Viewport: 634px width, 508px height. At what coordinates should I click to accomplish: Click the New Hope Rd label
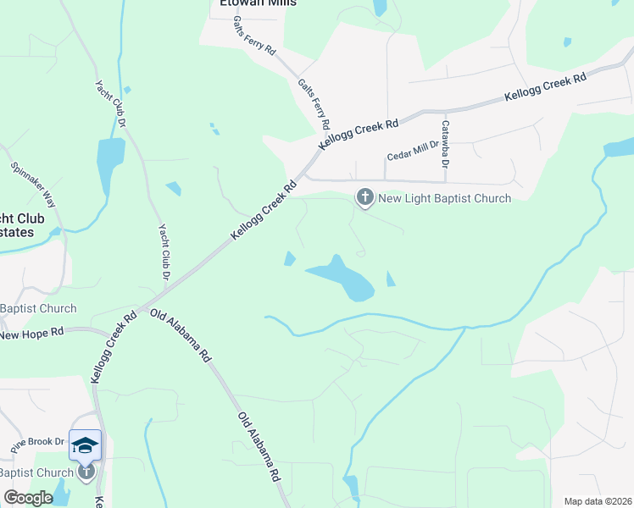[x=31, y=334]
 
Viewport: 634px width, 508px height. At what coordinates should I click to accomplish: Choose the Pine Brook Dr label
[x=36, y=441]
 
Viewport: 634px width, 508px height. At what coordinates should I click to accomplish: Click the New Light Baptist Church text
[x=444, y=198]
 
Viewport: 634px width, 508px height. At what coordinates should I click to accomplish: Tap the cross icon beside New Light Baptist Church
[x=364, y=198]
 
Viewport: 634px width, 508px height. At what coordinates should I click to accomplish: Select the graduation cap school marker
[x=85, y=444]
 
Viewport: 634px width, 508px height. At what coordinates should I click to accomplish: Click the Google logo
[x=29, y=498]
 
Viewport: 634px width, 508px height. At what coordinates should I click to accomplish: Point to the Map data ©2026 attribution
[x=598, y=501]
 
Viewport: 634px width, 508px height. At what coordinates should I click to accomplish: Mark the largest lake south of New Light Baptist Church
[x=342, y=277]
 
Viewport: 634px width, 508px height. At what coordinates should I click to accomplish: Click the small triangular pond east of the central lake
[x=390, y=279]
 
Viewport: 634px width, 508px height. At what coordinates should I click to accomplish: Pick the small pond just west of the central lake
[x=289, y=258]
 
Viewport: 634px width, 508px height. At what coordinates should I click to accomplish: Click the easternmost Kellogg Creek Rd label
[x=546, y=88]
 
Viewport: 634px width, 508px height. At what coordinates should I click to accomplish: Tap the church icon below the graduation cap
[x=85, y=472]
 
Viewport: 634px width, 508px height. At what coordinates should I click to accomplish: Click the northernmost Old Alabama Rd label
[x=180, y=336]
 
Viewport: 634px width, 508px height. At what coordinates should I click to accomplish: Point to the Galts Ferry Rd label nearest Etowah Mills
[x=254, y=36]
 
